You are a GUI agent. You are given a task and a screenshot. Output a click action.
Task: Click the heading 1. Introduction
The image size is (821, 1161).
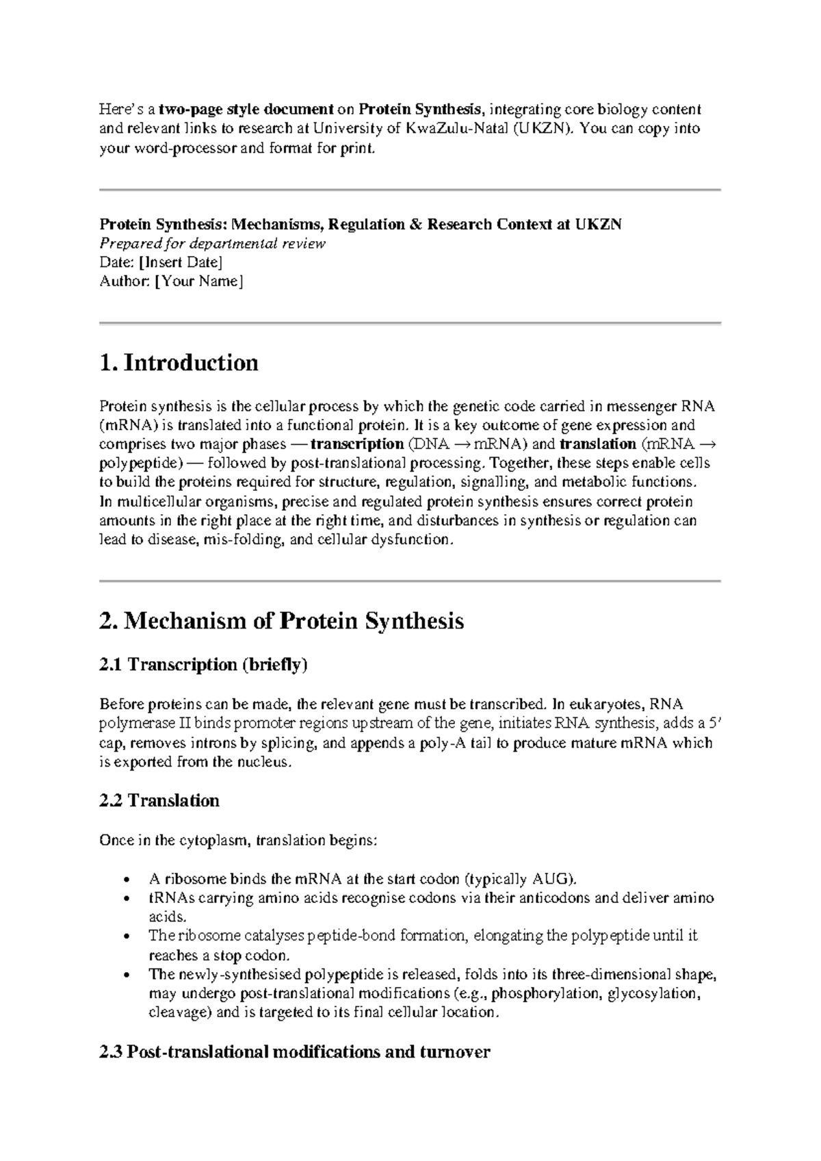179,363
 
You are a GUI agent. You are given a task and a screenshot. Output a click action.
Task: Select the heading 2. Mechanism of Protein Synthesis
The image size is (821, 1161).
281,622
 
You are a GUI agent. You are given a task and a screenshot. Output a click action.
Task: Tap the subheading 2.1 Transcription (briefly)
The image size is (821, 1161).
203,665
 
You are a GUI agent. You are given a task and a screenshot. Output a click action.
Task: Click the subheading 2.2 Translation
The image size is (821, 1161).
159,801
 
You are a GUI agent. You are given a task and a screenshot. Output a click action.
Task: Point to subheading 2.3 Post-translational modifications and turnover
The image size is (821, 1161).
294,1052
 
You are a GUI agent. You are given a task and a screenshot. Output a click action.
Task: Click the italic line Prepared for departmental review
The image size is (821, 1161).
212,244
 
